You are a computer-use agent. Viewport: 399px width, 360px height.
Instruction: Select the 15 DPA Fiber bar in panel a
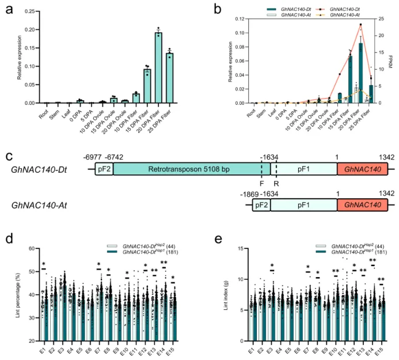pos(147,86)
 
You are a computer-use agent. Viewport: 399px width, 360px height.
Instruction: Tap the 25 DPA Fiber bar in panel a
pos(169,78)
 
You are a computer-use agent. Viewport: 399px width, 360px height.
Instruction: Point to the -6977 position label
pos(94,157)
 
